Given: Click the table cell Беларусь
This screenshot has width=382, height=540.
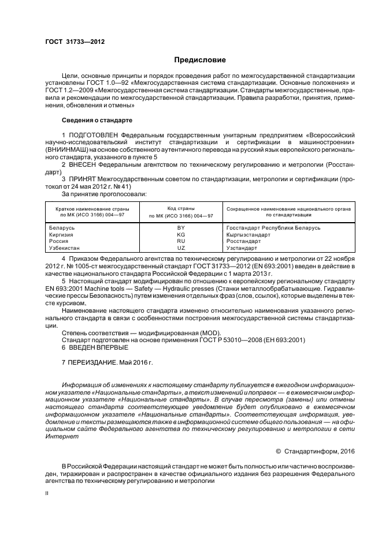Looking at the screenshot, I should (x=62, y=228).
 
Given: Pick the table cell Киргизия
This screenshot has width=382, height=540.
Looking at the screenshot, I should (x=61, y=235).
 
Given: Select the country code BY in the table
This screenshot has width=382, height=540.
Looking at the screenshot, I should (x=181, y=228).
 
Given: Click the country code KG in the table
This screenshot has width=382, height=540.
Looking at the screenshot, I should (x=181, y=235).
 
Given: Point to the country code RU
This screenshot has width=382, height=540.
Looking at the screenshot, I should (x=181, y=241).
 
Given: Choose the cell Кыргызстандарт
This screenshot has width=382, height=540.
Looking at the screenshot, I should (x=249, y=235).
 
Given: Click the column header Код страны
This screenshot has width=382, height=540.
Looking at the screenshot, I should (x=181, y=208).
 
